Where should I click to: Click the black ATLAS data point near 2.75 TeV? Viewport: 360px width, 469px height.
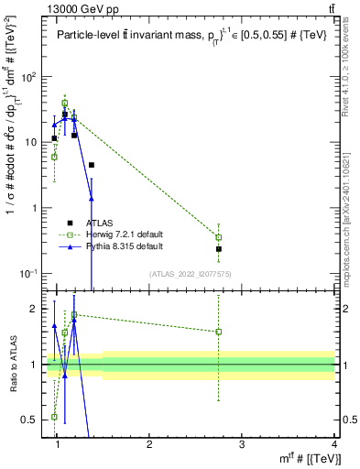219,248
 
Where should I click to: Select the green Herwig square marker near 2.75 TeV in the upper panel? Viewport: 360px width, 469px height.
219,237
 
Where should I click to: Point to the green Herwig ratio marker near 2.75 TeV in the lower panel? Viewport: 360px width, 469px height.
219,332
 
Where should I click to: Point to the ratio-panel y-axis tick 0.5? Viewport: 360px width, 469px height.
34,420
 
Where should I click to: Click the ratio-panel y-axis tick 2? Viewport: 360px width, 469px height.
38,310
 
